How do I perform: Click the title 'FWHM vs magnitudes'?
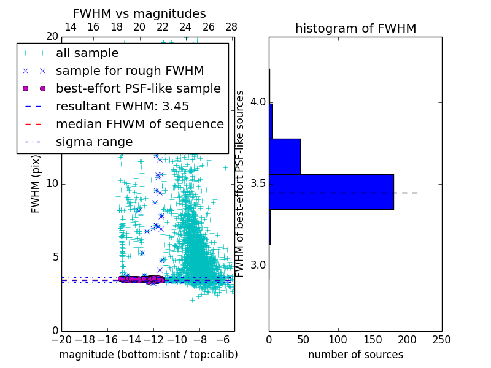click(139, 13)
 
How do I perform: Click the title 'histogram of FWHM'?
click(355, 28)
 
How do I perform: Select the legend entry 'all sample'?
click(87, 53)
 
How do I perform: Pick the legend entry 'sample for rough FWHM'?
click(130, 71)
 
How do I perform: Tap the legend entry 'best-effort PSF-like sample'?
click(138, 88)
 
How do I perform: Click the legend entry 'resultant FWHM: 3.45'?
click(122, 106)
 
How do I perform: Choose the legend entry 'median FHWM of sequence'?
click(140, 124)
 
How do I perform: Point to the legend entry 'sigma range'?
click(94, 142)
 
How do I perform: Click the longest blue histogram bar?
click(331, 192)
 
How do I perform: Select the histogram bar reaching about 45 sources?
click(285, 156)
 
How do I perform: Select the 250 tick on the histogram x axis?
click(441, 339)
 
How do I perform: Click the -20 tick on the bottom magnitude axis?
click(61, 339)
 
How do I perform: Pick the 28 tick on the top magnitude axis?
click(231, 27)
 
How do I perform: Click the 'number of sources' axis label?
click(355, 355)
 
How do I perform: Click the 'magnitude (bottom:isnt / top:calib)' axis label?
click(148, 355)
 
